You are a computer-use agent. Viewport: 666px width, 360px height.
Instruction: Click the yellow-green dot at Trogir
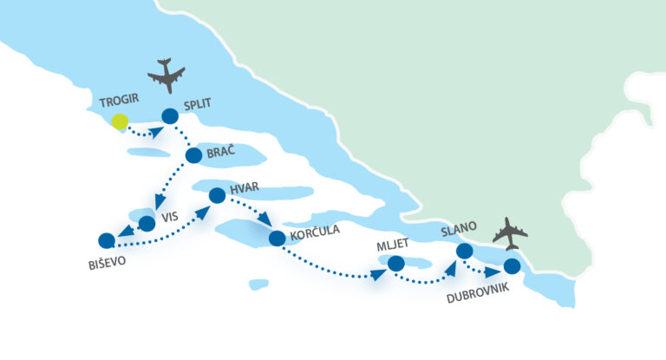(x=120, y=121)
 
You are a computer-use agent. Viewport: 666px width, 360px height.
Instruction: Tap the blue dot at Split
(x=170, y=116)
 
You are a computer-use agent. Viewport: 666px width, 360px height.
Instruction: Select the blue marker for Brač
(x=193, y=155)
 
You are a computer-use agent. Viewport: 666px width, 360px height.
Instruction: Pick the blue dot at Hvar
(x=217, y=195)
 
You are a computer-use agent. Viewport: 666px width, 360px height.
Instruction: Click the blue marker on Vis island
(x=147, y=224)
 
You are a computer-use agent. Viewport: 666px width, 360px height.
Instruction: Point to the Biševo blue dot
(x=107, y=240)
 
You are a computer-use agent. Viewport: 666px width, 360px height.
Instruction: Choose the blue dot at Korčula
(x=277, y=239)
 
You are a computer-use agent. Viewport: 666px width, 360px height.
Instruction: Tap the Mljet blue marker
(x=395, y=264)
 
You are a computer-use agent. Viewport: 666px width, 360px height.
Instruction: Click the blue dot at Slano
(x=464, y=251)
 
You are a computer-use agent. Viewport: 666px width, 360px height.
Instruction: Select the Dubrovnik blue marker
(x=512, y=266)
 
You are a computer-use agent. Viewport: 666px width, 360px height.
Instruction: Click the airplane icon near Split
(x=166, y=75)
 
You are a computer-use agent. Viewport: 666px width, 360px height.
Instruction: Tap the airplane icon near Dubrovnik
(x=510, y=233)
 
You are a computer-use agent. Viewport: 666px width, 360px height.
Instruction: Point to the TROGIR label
(x=119, y=101)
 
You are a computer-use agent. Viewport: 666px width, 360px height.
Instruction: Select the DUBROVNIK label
(x=478, y=293)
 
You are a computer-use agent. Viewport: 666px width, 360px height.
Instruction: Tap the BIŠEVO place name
(x=107, y=263)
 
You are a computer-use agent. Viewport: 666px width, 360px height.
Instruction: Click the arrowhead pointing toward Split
(x=157, y=132)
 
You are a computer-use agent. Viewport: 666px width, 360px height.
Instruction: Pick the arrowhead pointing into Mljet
(x=378, y=275)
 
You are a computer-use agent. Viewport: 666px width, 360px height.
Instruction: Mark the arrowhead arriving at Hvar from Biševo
(x=205, y=212)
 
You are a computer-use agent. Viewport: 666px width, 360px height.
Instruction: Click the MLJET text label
(x=393, y=245)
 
